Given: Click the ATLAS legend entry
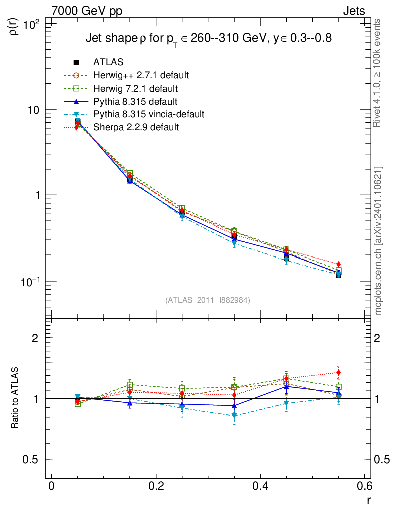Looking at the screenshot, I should click(x=108, y=62).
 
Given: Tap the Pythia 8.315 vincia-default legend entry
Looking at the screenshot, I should click(x=149, y=114).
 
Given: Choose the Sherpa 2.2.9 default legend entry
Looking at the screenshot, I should click(x=136, y=127).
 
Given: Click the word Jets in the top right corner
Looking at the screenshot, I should click(x=353, y=11).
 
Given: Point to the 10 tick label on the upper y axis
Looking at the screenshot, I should click(x=35, y=110).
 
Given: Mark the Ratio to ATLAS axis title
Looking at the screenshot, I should click(x=15, y=398).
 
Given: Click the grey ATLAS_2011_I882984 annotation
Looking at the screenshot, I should click(x=208, y=300).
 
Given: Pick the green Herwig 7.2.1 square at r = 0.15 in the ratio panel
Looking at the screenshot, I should click(x=130, y=385).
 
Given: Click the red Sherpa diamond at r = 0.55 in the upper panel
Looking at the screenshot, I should click(x=338, y=264).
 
